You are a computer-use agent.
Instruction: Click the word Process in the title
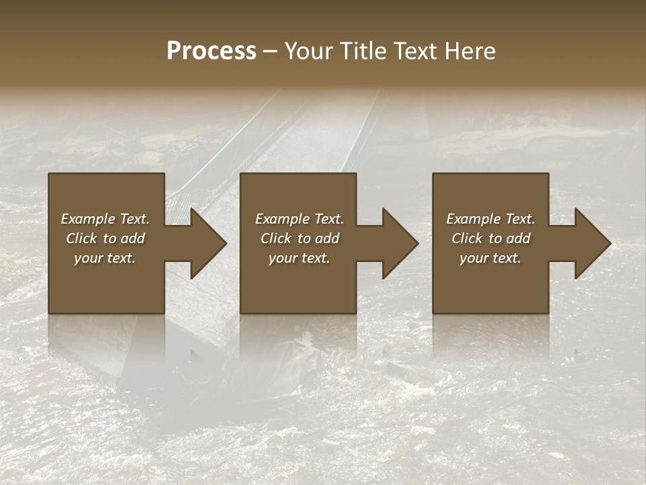[x=211, y=51]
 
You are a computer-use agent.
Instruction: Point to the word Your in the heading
[x=308, y=51]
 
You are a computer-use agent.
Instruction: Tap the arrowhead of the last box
[x=591, y=243]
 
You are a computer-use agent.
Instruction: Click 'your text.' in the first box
[x=105, y=258]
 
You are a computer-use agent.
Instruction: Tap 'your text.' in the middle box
[x=299, y=258]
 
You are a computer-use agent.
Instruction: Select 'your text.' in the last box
[x=491, y=258]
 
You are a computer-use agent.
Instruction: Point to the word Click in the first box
[x=81, y=238]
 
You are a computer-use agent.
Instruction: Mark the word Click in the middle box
[x=276, y=238]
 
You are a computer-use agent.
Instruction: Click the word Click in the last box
[x=467, y=238]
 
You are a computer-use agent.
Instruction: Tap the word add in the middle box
[x=328, y=238]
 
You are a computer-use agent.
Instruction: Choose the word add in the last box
[x=519, y=238]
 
